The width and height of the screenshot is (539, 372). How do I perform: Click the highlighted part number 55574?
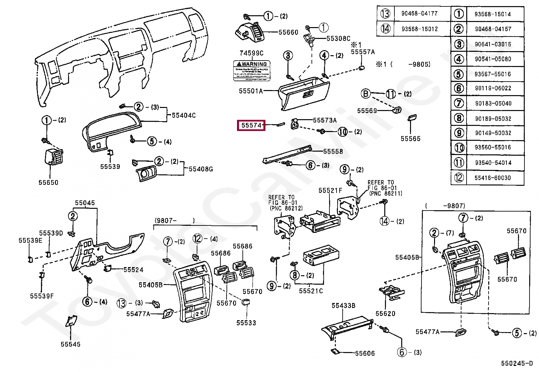click(251, 126)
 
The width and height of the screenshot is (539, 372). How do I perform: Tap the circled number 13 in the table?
click(385, 14)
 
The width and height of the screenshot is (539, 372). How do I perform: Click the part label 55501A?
click(251, 91)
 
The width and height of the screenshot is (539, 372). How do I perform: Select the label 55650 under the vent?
click(48, 183)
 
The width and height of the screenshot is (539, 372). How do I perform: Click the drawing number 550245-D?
click(517, 364)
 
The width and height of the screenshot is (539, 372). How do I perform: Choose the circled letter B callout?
click(366, 93)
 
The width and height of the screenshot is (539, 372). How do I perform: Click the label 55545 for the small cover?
click(70, 344)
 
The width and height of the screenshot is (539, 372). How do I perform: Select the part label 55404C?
click(184, 115)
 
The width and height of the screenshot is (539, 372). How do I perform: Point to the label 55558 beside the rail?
click(333, 152)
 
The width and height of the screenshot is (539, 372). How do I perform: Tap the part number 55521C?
click(310, 291)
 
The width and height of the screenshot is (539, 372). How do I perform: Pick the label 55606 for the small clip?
click(365, 353)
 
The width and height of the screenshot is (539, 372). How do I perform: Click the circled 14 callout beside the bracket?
click(384, 221)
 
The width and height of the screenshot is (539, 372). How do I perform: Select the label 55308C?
click(338, 39)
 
